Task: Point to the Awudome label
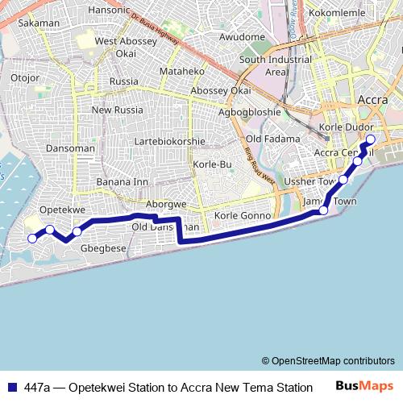click(x=242, y=37)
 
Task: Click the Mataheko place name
click(x=182, y=71)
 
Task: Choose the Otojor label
click(x=25, y=77)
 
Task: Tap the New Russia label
click(x=117, y=110)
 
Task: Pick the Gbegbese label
click(x=104, y=248)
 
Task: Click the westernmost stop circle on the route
click(x=33, y=238)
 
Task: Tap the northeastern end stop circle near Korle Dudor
click(x=371, y=139)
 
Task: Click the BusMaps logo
click(x=365, y=386)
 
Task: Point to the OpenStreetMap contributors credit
click(x=328, y=360)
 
